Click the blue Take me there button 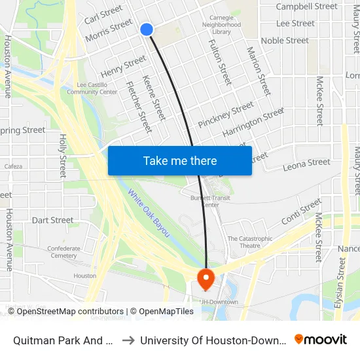point(179,160)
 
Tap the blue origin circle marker point(147,29)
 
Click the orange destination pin point(206,279)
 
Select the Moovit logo point(320,340)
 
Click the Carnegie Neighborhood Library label point(221,24)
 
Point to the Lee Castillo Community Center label point(97,88)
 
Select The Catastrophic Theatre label point(250,242)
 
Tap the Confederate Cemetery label point(63,252)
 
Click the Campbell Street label point(306,7)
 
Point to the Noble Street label point(285,41)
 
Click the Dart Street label point(53,220)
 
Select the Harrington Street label point(253,122)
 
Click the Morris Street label point(109,30)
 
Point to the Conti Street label point(302,211)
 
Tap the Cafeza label point(13,166)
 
